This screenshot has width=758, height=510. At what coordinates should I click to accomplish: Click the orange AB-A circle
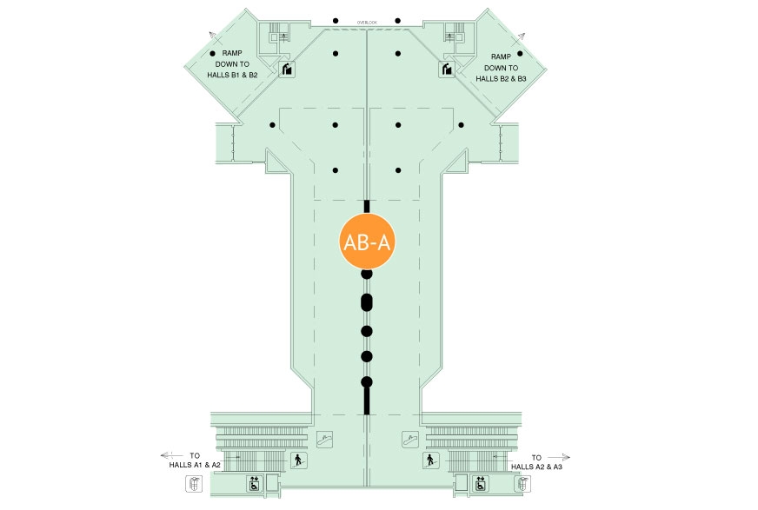pyautogui.click(x=366, y=243)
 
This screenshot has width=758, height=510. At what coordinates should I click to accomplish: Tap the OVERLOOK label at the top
pyautogui.click(x=366, y=22)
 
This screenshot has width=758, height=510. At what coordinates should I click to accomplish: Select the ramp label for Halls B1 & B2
pyautogui.click(x=231, y=64)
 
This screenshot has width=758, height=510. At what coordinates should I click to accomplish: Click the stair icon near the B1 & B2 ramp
pyautogui.click(x=287, y=70)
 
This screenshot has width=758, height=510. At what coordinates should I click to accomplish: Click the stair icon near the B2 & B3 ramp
pyautogui.click(x=447, y=70)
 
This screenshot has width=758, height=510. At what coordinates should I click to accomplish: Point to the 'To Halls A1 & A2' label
pyautogui.click(x=196, y=460)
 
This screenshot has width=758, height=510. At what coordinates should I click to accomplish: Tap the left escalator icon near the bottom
pyautogui.click(x=326, y=440)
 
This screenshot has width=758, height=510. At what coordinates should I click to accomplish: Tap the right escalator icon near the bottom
pyautogui.click(x=409, y=440)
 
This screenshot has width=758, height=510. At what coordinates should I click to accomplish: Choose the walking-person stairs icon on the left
pyautogui.click(x=299, y=460)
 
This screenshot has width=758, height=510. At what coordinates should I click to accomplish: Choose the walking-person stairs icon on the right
pyautogui.click(x=432, y=460)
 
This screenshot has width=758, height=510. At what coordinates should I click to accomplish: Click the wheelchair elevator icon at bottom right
pyautogui.click(x=479, y=483)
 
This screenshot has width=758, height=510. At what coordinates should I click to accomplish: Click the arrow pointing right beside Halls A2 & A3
pyautogui.click(x=562, y=455)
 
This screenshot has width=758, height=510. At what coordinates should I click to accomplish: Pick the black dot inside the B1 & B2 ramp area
pyautogui.click(x=211, y=54)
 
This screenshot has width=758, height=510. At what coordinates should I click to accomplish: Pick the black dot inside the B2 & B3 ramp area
pyautogui.click(x=521, y=54)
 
